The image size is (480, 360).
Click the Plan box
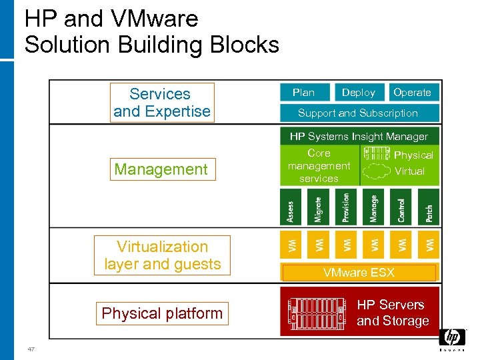coord(303,93)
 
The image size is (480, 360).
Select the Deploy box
coord(359,93)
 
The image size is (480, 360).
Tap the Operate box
coord(412,93)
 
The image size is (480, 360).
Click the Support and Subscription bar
coord(358,113)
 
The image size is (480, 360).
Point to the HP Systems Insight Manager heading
coord(359,136)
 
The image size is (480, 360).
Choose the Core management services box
coord(319,166)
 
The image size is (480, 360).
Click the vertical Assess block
coord(290,207)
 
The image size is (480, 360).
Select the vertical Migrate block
coord(318,207)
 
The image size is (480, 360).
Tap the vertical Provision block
coord(345,207)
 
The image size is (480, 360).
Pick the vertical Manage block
coord(373,207)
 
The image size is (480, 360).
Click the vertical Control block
coord(401,207)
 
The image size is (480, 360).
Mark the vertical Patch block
coord(429,207)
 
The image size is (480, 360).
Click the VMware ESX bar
coord(359,273)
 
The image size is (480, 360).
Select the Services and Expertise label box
coord(162,103)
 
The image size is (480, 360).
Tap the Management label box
coord(161,169)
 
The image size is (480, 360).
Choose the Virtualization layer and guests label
coord(162,255)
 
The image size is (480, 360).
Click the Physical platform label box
coord(162,313)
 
